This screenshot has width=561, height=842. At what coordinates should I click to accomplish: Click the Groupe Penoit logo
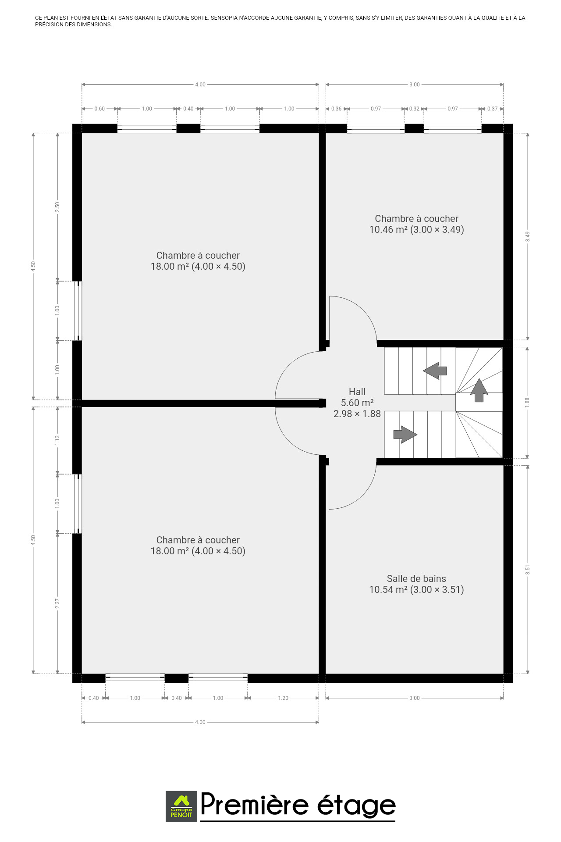click(x=181, y=806)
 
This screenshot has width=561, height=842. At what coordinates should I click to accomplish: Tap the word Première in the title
click(x=255, y=805)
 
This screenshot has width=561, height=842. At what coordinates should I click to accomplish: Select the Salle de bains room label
click(x=416, y=578)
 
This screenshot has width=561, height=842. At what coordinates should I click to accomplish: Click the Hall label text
click(x=357, y=392)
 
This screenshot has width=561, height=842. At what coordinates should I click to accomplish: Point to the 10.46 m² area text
click(x=388, y=229)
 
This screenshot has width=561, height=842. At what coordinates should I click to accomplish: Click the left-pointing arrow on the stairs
click(x=435, y=371)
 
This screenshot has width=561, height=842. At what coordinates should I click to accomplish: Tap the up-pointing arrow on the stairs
click(x=479, y=390)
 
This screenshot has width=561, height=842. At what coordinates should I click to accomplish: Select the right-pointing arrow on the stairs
click(x=405, y=434)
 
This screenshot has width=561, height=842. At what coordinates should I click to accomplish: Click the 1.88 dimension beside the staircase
click(x=527, y=402)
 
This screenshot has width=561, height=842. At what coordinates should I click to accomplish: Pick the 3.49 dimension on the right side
click(x=528, y=236)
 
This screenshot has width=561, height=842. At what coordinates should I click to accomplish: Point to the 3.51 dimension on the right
click(x=528, y=570)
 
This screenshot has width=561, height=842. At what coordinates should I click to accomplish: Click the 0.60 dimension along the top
click(x=99, y=109)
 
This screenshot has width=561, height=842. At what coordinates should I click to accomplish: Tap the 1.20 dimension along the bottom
click(x=283, y=698)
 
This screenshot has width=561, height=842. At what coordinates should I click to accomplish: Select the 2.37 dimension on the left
click(x=57, y=603)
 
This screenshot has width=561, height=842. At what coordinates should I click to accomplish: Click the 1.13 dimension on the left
click(x=57, y=440)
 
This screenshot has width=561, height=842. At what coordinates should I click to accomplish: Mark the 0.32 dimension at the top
click(x=414, y=109)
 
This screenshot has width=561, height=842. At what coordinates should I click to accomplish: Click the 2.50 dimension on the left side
click(x=57, y=207)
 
